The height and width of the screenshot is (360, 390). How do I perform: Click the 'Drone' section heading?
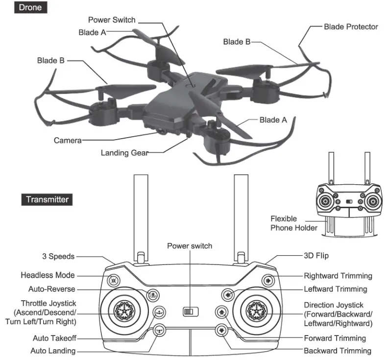click(x=30, y=8)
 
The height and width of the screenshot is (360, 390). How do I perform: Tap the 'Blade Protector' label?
click(x=351, y=26)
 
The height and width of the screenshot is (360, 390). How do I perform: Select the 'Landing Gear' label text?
click(x=124, y=153)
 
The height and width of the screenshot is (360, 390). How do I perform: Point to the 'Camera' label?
click(x=68, y=141)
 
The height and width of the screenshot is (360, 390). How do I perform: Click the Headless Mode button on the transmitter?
click(x=114, y=281)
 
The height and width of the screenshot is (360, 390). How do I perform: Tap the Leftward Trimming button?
click(x=227, y=295)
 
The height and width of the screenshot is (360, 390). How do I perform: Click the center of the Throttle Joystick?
click(x=123, y=311)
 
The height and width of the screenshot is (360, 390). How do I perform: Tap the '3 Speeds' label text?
click(x=58, y=256)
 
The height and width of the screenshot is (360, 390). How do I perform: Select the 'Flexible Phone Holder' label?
click(x=291, y=223)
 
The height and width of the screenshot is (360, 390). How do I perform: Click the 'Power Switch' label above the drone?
click(x=111, y=20)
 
